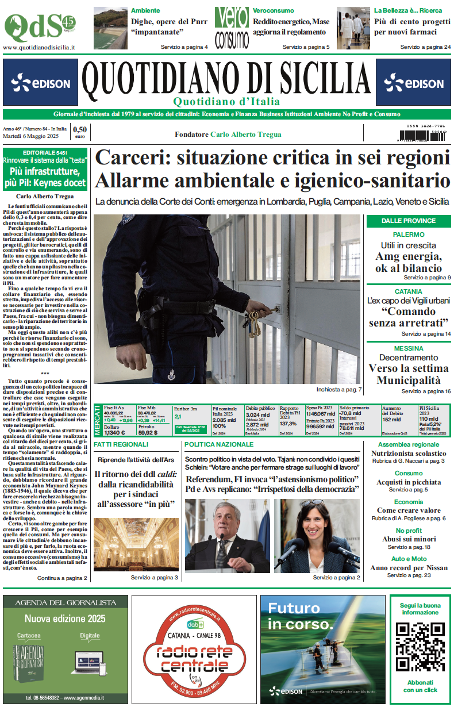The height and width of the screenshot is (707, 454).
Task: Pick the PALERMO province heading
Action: [409, 235]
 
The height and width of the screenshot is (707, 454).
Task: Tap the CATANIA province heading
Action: [409, 291]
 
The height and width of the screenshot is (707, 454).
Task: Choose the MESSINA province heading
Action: [409, 348]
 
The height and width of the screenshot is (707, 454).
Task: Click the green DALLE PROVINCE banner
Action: [409, 221]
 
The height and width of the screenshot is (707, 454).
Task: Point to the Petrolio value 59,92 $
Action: [148, 433]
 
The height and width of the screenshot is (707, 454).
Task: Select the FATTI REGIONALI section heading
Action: [121, 445]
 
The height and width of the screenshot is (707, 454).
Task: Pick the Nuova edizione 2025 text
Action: [65, 618]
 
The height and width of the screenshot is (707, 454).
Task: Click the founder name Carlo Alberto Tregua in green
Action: [246, 135]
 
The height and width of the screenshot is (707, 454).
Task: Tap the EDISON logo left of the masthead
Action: [40, 84]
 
